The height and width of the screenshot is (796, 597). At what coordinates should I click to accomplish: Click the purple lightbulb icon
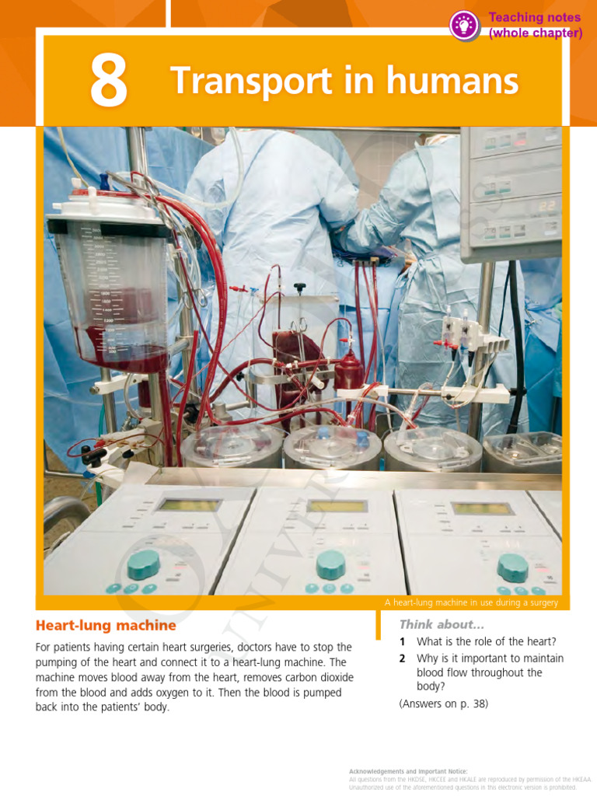click(464, 26)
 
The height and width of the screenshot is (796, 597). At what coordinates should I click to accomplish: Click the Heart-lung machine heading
click(106, 625)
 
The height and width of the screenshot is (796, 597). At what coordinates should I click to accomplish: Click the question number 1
click(403, 642)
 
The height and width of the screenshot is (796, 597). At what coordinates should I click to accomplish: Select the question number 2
click(403, 658)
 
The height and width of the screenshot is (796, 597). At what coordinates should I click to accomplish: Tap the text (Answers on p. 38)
click(443, 704)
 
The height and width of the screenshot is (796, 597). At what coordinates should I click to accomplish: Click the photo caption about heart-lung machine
click(471, 602)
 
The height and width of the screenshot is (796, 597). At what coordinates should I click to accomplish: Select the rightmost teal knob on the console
click(512, 567)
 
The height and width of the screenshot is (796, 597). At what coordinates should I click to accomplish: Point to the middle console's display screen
click(337, 506)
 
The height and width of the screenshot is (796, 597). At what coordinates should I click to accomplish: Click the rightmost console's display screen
click(482, 508)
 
